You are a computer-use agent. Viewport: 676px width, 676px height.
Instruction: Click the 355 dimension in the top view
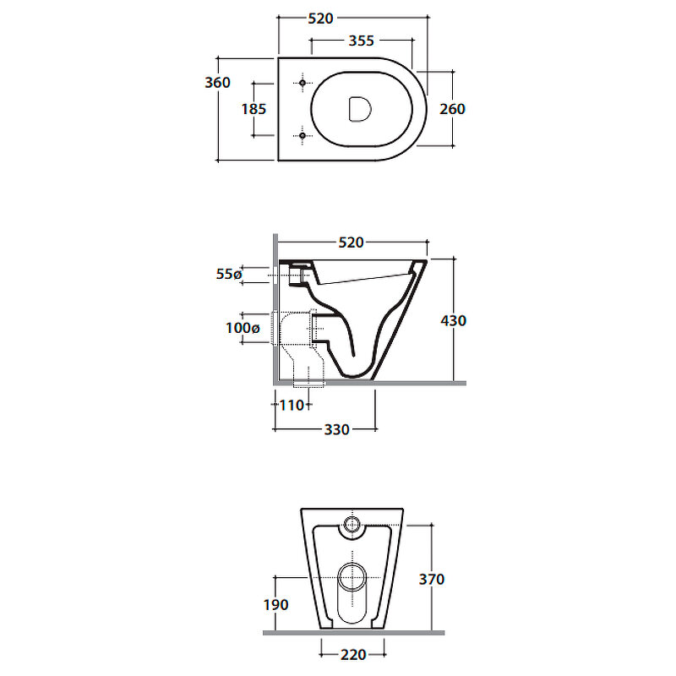click(362, 41)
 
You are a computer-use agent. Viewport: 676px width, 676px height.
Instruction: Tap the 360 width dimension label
click(218, 82)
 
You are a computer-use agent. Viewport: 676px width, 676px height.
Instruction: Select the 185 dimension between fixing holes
click(254, 109)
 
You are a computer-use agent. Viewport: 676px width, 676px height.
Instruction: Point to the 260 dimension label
click(453, 109)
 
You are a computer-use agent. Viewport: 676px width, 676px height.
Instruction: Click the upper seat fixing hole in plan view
click(303, 83)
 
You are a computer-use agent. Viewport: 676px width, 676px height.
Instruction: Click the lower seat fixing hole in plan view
click(303, 136)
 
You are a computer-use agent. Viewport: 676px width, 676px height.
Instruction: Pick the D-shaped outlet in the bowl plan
click(359, 109)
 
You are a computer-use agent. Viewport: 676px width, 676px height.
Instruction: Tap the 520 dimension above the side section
click(352, 243)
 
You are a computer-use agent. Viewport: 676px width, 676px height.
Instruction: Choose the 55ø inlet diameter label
click(229, 274)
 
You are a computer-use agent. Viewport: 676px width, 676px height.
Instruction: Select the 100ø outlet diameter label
click(243, 328)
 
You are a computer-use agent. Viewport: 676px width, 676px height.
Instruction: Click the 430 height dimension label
click(454, 320)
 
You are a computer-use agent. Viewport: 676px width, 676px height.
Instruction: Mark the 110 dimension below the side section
click(292, 406)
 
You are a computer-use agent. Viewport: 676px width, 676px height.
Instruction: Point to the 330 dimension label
click(336, 429)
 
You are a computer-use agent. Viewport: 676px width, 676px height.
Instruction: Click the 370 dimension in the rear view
click(432, 579)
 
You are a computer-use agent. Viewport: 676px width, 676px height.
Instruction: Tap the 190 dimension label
click(276, 605)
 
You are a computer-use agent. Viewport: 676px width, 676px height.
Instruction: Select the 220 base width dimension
click(353, 655)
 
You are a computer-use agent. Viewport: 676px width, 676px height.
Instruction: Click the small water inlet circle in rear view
click(352, 524)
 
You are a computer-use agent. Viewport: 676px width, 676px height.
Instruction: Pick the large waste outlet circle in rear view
click(352, 577)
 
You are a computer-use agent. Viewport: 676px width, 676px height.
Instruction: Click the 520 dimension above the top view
click(321, 19)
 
